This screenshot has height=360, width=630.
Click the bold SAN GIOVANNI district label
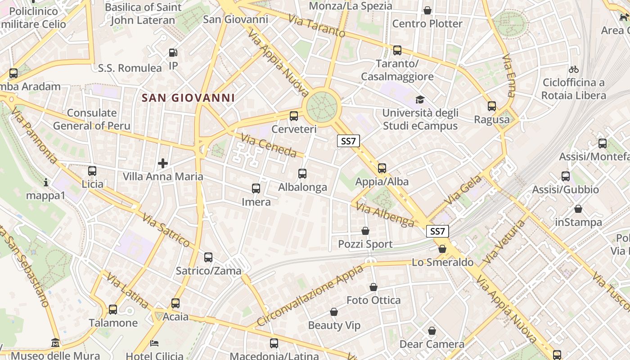(188, 98)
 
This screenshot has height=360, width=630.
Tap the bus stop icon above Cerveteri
(294, 116)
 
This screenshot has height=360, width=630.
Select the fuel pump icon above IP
(173, 53)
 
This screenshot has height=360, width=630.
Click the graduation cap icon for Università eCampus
(420, 99)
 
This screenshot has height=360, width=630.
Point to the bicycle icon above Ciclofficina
(573, 69)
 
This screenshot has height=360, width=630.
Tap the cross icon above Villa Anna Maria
(163, 163)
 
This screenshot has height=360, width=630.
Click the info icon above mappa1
(45, 182)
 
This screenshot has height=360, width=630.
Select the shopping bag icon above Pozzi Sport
(365, 231)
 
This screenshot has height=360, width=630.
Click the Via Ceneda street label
(268, 145)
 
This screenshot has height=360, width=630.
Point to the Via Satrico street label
(166, 230)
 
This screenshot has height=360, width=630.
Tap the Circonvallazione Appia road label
(310, 296)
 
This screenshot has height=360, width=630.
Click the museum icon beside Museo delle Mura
(55, 343)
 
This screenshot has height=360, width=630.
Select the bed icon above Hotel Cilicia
(154, 343)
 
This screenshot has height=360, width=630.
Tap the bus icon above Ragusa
(492, 106)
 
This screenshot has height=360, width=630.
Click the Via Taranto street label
(317, 27)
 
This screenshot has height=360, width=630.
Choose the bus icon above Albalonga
(302, 173)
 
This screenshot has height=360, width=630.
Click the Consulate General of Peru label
(92, 119)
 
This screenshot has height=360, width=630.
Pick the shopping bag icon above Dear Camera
(432, 331)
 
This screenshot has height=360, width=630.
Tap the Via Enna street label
(509, 76)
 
